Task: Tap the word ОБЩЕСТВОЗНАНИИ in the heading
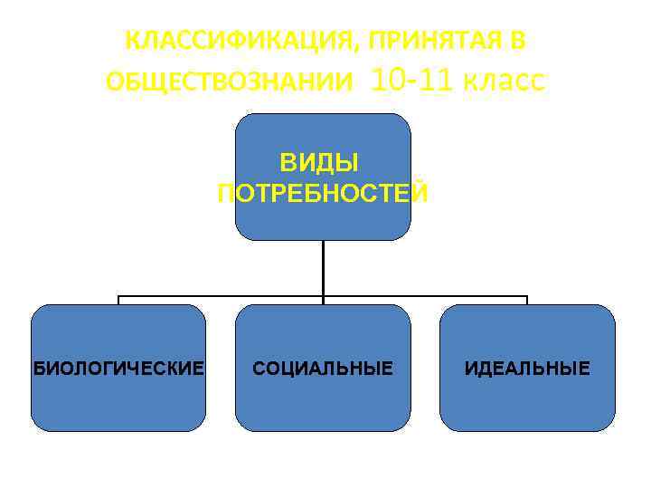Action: (230, 82)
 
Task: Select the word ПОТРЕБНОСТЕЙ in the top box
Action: (323, 193)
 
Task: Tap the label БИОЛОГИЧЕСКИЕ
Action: (118, 369)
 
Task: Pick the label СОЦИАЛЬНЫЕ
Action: (323, 369)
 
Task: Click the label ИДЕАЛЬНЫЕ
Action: (527, 369)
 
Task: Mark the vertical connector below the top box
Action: (323, 268)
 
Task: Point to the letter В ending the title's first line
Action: (517, 41)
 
